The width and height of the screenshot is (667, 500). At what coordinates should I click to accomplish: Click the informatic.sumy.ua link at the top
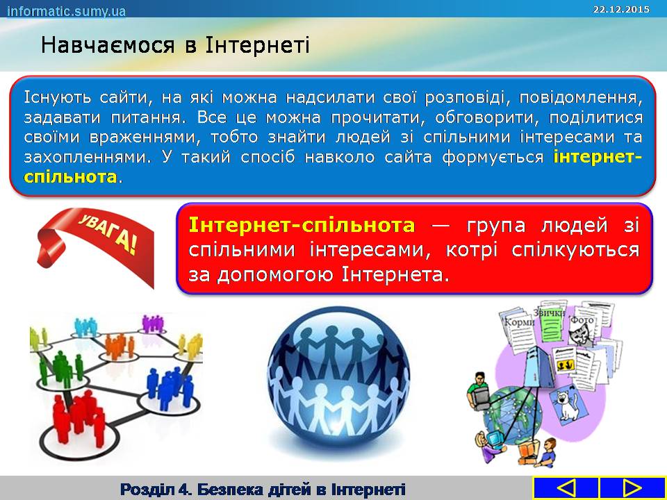(x=67, y=10)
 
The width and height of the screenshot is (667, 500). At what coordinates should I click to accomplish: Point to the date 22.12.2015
(x=621, y=9)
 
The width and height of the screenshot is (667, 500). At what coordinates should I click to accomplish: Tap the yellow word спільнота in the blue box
(x=70, y=176)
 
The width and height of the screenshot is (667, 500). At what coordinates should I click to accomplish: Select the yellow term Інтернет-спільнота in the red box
(x=301, y=225)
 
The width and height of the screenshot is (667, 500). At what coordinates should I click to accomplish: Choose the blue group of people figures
(x=170, y=387)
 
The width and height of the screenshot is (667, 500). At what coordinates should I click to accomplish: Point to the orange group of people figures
(x=120, y=346)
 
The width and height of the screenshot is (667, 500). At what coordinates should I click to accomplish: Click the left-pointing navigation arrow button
(x=566, y=488)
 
